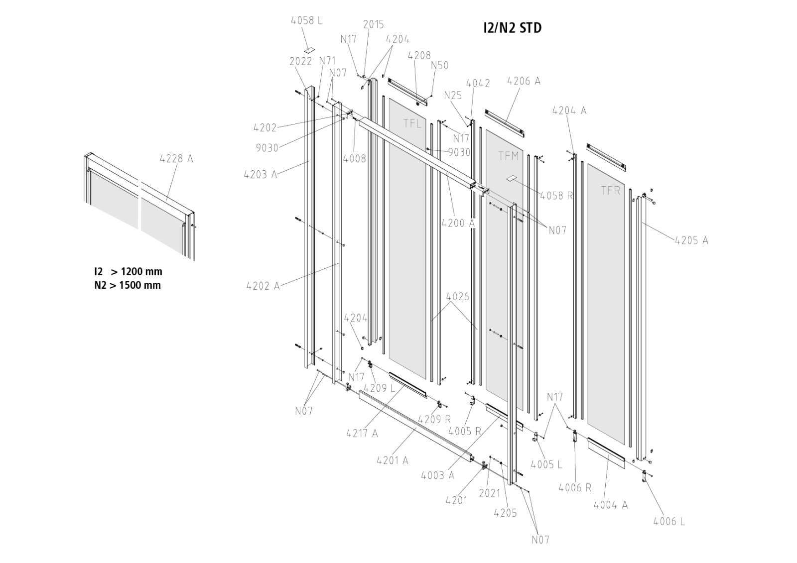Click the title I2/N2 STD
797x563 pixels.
point(512,28)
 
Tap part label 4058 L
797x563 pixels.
point(306,20)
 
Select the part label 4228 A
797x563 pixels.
point(176,159)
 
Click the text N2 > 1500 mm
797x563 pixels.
point(128,285)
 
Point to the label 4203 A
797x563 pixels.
point(260,174)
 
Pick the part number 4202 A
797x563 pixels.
point(263,286)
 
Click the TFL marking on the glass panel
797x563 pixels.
point(412,123)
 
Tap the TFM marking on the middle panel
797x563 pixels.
point(509,156)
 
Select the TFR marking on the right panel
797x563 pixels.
point(610,190)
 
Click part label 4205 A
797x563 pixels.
point(691,240)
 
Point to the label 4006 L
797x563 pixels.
point(668,521)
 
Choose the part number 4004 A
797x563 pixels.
point(611,505)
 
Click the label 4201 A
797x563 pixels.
point(392,460)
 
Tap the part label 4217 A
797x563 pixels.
point(362,433)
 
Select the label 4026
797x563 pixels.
point(457,297)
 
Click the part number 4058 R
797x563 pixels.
point(556,196)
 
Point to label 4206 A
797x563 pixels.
point(524,81)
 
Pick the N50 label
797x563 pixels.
point(439,65)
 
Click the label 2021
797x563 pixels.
point(489,493)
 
